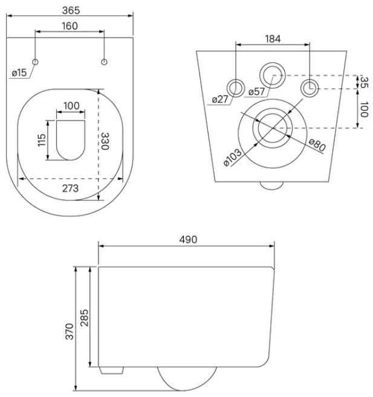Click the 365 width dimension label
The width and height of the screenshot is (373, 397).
pyautogui.click(x=71, y=10)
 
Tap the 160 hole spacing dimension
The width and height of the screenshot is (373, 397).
pyautogui.click(x=70, y=26)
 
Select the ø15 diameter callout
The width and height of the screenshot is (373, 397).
pyautogui.click(x=19, y=73)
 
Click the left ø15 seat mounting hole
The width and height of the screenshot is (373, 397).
pyautogui.click(x=35, y=62)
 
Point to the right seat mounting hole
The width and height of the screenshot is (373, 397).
pyautogui.click(x=104, y=62)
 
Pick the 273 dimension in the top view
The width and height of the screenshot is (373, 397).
pyautogui.click(x=70, y=188)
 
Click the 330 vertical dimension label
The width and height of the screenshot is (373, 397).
pyautogui.click(x=105, y=141)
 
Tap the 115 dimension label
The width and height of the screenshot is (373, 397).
pyautogui.click(x=42, y=140)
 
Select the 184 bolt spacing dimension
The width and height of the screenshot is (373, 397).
pyautogui.click(x=273, y=39)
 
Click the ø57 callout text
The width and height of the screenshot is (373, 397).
pyautogui.click(x=256, y=91)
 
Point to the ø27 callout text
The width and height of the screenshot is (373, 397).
pyautogui.click(x=220, y=99)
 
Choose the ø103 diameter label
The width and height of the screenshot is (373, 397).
pyautogui.click(x=233, y=157)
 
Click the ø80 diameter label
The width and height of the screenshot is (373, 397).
pyautogui.click(x=317, y=145)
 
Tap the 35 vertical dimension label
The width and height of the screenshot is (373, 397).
pyautogui.click(x=364, y=82)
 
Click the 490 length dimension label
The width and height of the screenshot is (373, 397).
pyautogui.click(x=188, y=240)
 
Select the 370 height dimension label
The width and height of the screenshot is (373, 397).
pyautogui.click(x=70, y=331)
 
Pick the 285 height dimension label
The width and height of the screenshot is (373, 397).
pyautogui.click(x=85, y=318)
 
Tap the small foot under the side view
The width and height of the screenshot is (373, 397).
pyautogui.click(x=111, y=370)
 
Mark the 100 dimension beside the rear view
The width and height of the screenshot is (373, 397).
pyautogui.click(x=364, y=110)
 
